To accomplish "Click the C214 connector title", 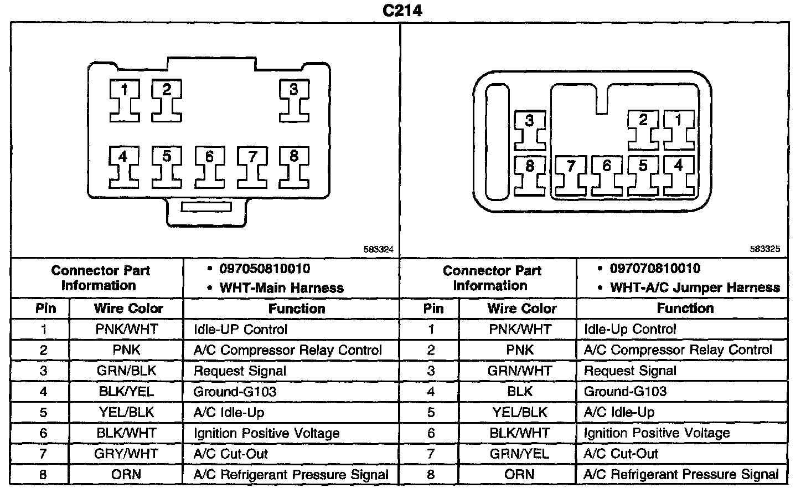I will pos(402,11).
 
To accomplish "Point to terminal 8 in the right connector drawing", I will pos(530,176).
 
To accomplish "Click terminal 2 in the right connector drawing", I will pos(643,130).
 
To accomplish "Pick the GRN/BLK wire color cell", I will pos(126,371).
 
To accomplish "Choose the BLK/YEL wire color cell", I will pos(126,392).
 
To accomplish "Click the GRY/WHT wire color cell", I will pos(126,454).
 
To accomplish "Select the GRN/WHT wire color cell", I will pos(519,371).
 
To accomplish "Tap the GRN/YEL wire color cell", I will pos(519,454).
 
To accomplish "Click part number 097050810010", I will pos(265,269).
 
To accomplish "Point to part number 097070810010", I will pos(655,269).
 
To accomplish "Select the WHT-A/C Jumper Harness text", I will pos(695,288).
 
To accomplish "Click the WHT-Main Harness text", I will pos(281,288).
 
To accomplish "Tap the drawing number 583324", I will pos(378,250).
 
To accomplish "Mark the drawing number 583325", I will pos(765,250).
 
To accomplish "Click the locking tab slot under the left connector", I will pos(207,207).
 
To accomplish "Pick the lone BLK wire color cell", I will pos(519,392).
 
